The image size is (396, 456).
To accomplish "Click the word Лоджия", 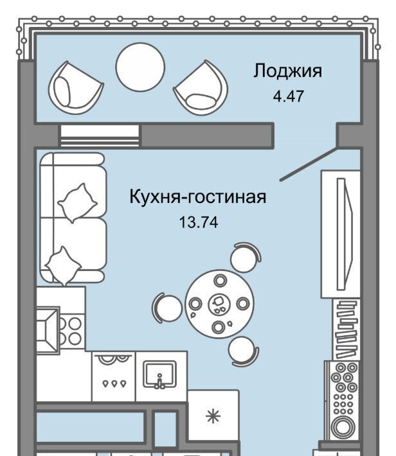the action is pos(288,71).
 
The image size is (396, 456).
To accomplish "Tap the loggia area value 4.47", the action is pos(288,96).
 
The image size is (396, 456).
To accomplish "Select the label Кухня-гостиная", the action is pos(198,197).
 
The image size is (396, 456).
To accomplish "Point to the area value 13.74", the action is pos(199,222).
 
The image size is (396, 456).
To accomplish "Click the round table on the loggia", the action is pos(140,67).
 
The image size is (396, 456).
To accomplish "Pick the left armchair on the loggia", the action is pos(75,89).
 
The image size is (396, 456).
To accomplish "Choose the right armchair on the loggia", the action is pos(201,87).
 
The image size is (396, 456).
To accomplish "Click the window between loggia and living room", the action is pos(100,136).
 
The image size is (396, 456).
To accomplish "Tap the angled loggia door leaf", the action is pos(309,164).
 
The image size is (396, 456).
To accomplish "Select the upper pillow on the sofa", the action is pos(77,203).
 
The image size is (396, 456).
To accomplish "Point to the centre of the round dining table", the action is pos(219,304).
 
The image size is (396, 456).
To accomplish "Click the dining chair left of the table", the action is pos(166,308).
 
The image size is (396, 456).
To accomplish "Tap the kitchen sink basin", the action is pos(160,374).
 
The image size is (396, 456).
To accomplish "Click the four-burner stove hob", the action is pos(71,331).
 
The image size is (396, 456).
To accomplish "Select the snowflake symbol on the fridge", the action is pos(213,416).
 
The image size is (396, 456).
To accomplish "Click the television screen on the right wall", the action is pos(345,234).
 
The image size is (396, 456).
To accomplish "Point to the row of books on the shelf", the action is pos(346,329).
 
